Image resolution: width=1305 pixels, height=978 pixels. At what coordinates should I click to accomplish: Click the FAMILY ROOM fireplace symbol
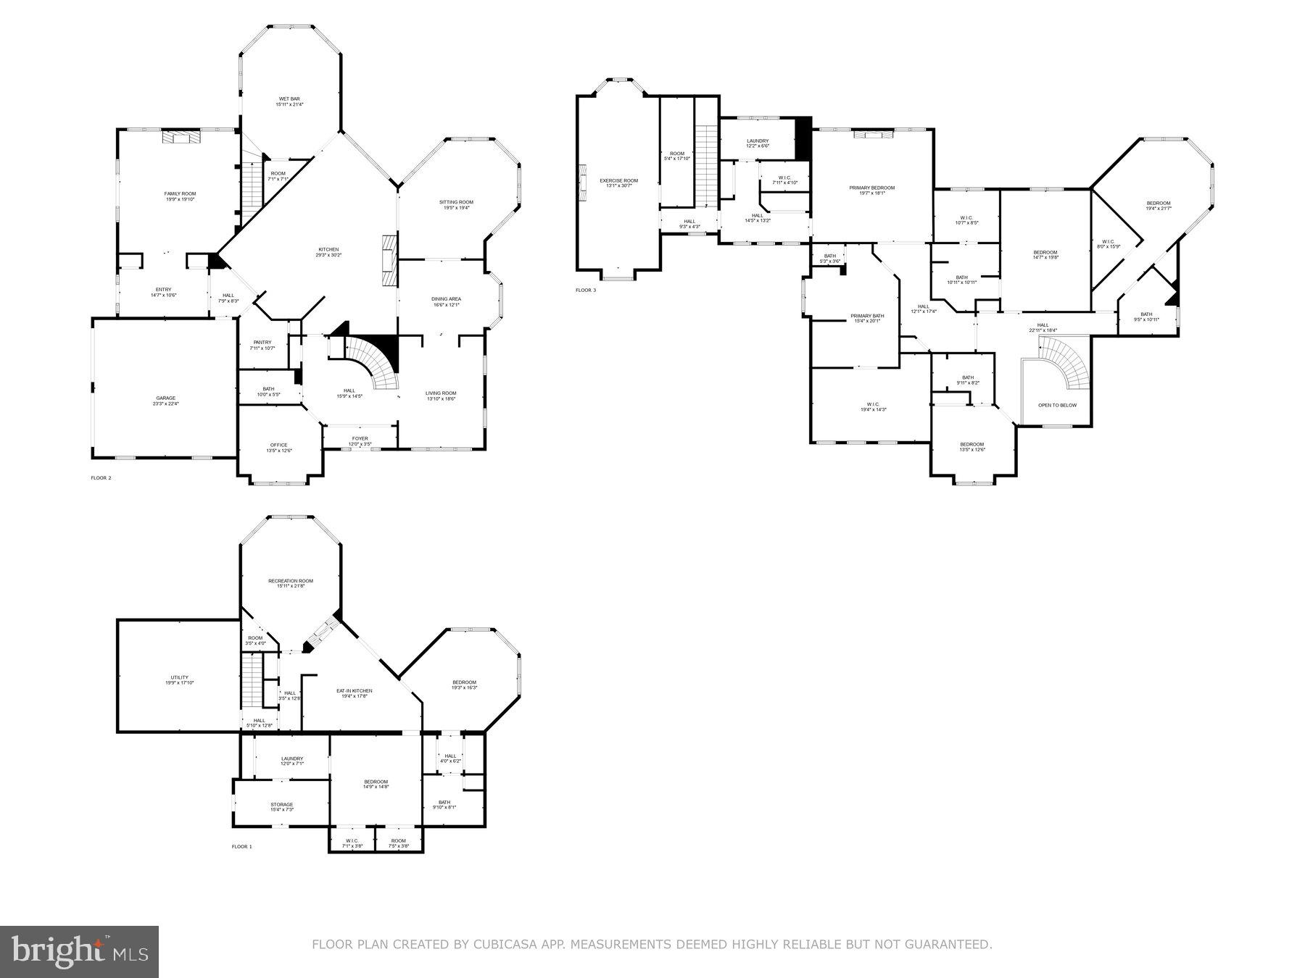coord(180,137)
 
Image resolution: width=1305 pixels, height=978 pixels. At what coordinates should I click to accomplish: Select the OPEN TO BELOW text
coord(1057,405)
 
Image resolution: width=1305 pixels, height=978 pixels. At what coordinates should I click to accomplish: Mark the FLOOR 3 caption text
coord(586,291)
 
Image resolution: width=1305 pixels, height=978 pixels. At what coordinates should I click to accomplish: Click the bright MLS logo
coord(79,952)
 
